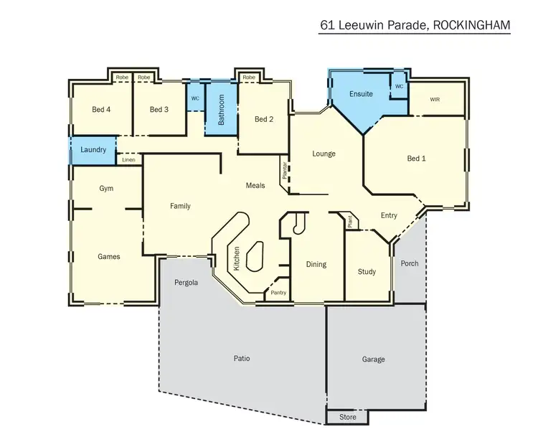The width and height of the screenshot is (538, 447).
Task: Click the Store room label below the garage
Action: click(347, 417)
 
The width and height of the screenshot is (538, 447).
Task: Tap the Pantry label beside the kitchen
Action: click(278, 293)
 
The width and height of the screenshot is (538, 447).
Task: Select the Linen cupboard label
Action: click(128, 159)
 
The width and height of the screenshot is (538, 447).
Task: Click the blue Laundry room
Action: click(93, 150)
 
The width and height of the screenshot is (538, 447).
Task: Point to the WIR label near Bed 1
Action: click(435, 100)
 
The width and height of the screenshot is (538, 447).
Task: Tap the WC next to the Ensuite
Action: click(399, 86)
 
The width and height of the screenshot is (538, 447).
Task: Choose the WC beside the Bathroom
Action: click(194, 99)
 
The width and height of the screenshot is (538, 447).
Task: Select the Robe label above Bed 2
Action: click(249, 77)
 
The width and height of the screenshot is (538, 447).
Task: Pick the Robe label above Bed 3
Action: click(144, 77)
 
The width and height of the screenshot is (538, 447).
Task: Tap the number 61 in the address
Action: click(328, 24)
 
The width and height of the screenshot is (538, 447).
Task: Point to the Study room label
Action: click(367, 272)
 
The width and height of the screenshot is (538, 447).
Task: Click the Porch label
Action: click(410, 263)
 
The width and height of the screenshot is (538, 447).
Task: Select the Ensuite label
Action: click(361, 94)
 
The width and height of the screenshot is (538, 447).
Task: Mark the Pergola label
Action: click(186, 282)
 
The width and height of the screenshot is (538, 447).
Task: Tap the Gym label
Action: click(106, 188)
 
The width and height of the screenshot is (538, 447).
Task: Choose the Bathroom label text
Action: click(222, 110)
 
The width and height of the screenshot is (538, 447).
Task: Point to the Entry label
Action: click(389, 215)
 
